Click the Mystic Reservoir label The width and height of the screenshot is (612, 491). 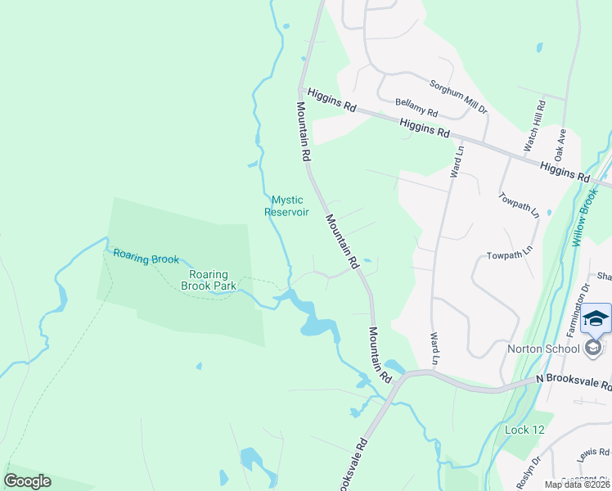[286, 205]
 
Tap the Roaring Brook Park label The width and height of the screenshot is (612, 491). [212, 280]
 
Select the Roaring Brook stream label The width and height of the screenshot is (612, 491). [146, 256]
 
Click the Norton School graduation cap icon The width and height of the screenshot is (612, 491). [596, 318]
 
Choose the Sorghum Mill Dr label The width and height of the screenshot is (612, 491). [458, 97]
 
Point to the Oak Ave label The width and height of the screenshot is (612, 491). [560, 144]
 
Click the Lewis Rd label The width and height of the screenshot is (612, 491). [592, 453]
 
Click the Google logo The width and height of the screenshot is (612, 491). [27, 480]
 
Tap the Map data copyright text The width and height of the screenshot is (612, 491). [578, 484]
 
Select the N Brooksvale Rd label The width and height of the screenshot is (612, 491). [573, 381]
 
